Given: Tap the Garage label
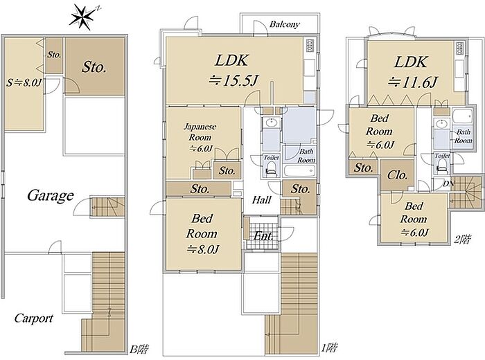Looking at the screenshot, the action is [51, 196].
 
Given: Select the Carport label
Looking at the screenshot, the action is [33, 318].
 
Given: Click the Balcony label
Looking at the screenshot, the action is [284, 24].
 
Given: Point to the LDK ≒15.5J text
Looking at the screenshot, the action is [233, 71].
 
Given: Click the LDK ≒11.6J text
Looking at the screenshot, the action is [412, 72].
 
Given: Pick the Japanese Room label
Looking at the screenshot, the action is [200, 132].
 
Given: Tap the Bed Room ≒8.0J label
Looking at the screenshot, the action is [202, 234].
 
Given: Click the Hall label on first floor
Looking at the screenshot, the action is [261, 200].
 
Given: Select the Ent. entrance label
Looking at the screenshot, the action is [263, 236].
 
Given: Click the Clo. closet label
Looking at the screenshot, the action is [397, 176].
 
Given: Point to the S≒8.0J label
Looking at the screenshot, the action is [24, 82].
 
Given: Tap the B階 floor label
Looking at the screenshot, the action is [139, 349].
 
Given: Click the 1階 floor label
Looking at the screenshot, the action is [329, 348].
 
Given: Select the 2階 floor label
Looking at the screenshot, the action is [463, 240].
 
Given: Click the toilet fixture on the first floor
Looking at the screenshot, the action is [272, 170].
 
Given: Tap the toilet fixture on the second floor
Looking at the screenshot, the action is [442, 166].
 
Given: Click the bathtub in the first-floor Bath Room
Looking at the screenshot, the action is [300, 170].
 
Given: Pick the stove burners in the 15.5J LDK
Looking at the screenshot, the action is [310, 46].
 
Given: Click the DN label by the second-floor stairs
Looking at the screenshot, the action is [448, 184].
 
